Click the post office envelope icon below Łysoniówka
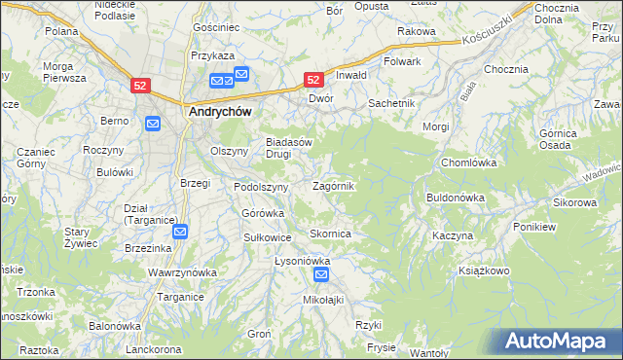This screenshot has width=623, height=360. pyautogui.click(x=322, y=276)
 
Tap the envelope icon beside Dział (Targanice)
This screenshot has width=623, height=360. pyautogui.click(x=181, y=232)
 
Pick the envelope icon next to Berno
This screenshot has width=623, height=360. pyautogui.click(x=153, y=124)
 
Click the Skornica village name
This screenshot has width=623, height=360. pyautogui.click(x=330, y=234)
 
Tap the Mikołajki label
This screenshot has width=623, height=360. pyautogui.click(x=324, y=300)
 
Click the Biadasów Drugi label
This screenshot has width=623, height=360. pyautogui.click(x=289, y=147)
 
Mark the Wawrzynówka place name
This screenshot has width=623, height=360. pyautogui.click(x=181, y=273)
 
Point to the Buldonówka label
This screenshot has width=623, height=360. pyautogui.click(x=455, y=198)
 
